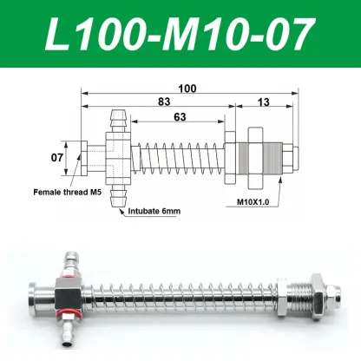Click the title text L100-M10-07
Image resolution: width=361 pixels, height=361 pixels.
point(180,35)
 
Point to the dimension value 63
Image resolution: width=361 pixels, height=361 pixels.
point(180,117)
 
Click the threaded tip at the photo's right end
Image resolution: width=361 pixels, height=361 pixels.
point(338,296)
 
